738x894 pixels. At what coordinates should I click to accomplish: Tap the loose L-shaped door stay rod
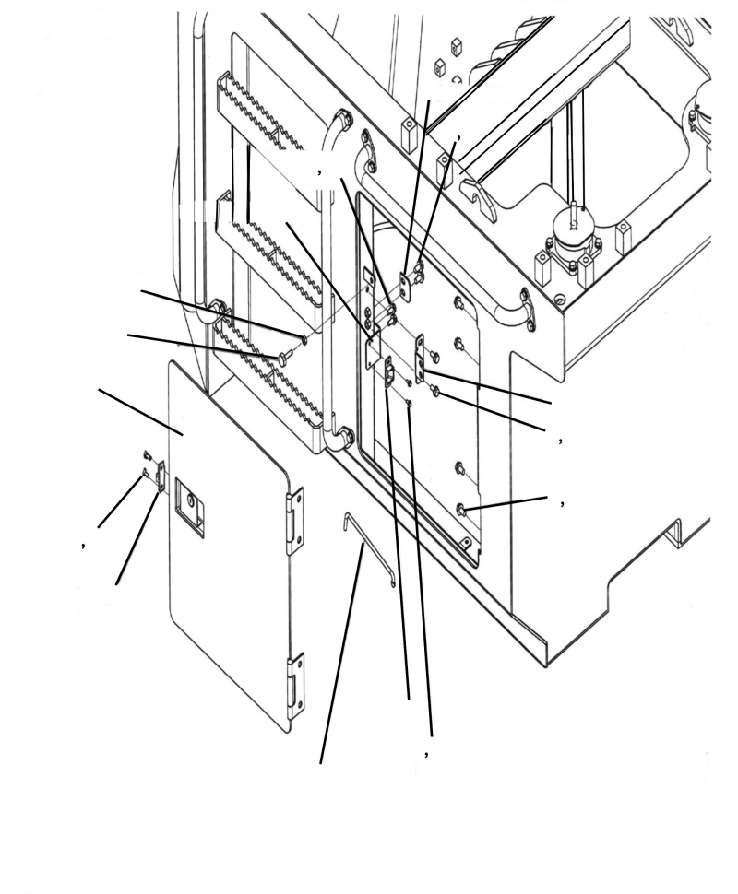[x=366, y=548]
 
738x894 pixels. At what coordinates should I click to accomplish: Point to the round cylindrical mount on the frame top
[x=571, y=231]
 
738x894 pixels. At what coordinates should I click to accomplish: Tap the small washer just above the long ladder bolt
[x=304, y=339]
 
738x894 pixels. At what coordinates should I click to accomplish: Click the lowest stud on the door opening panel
[x=463, y=510]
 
